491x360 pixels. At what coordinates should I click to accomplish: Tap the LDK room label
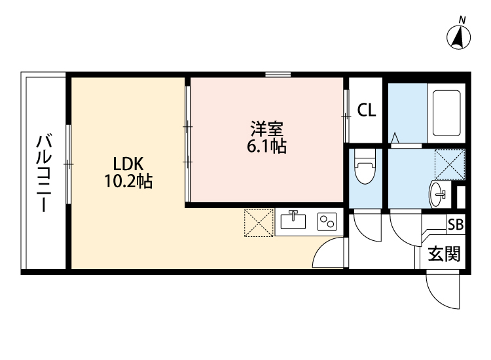pos(128,164)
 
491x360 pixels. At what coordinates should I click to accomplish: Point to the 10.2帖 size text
pos(128,182)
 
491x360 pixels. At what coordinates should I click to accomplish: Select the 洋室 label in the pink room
pos(266,128)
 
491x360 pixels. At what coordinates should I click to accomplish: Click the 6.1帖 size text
pos(266,147)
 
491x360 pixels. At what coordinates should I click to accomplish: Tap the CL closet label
pos(366,111)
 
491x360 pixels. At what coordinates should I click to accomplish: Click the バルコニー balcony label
pos(44,173)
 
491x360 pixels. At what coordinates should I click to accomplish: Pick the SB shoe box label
pos(455,224)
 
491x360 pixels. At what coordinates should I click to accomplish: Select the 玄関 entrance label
pos(445,253)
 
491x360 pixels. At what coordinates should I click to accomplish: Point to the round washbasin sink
pos(439,194)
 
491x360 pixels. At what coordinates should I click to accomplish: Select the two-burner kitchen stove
pos(326,221)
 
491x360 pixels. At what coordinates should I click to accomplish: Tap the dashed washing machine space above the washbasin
pos(450,164)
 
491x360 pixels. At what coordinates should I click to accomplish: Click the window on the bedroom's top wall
pos(278,75)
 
